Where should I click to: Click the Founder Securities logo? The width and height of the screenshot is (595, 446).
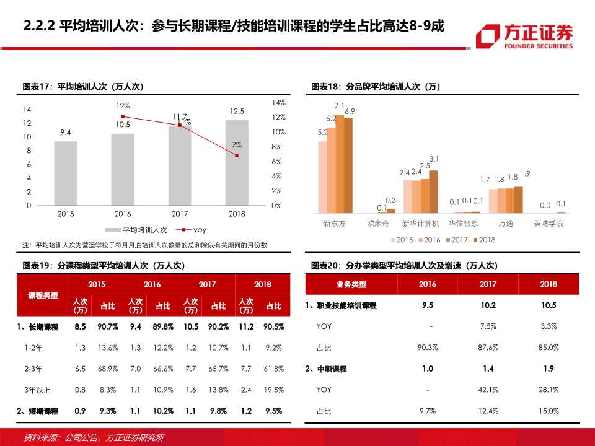pyautogui.click(x=524, y=36)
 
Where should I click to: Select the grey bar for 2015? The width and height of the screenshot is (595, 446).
pyautogui.click(x=66, y=173)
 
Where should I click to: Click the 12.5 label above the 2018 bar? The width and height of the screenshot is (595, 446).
pyautogui.click(x=237, y=111)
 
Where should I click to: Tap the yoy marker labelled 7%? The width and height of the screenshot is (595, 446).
pyautogui.click(x=237, y=155)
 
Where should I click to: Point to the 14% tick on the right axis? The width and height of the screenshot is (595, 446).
pyautogui.click(x=278, y=102)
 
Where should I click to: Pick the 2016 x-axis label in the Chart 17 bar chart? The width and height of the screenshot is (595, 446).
pyautogui.click(x=123, y=214)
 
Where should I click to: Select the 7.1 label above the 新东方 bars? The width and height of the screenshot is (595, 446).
pyautogui.click(x=339, y=106)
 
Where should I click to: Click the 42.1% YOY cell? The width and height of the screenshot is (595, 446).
pyautogui.click(x=488, y=390)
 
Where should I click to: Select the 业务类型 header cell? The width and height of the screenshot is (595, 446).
pyautogui.click(x=351, y=284)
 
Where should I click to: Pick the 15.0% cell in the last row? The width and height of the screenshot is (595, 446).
pyautogui.click(x=548, y=411)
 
